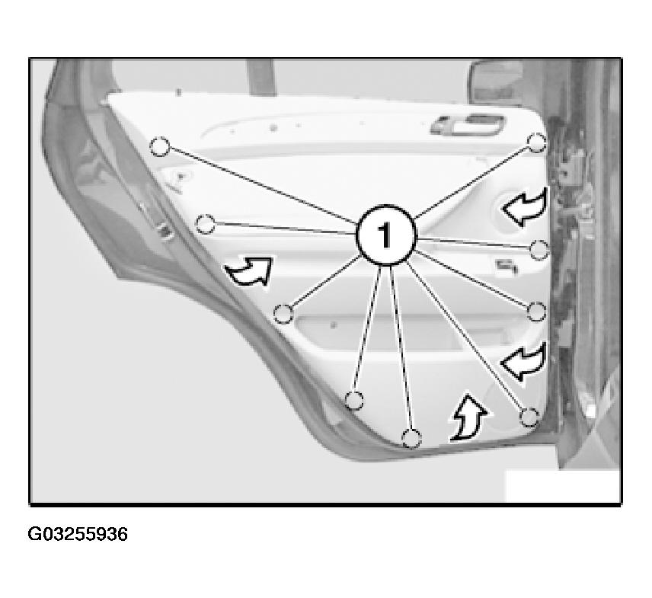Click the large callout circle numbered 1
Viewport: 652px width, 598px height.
pos(386,235)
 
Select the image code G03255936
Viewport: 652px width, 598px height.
pos(78,534)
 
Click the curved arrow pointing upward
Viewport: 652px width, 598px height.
pos(468,417)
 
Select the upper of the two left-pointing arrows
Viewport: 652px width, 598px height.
pos(524,206)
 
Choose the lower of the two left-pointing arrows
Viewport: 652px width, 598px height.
pos(523,361)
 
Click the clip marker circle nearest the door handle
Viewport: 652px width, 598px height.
pos(536,142)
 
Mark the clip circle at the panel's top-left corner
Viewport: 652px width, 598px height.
pos(160,146)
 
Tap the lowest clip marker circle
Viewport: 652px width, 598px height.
pos(411,439)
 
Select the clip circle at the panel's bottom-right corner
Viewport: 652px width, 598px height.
pos(529,417)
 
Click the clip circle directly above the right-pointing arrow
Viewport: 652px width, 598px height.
pos(205,224)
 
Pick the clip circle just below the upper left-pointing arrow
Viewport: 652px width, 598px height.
pos(539,250)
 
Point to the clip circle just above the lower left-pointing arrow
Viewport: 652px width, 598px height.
pos(536,312)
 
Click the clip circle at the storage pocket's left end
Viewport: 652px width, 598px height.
pos(284,314)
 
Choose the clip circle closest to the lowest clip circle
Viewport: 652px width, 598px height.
pos(354,401)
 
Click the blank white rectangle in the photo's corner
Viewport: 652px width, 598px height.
pos(562,485)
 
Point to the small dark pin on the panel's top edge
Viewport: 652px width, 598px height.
pos(178,92)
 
